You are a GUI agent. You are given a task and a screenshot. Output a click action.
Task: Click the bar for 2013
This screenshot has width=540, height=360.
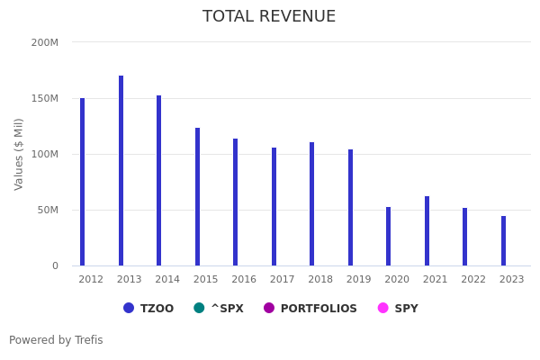click(x=121, y=171)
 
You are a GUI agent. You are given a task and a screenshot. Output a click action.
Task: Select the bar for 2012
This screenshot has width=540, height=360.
click(x=82, y=182)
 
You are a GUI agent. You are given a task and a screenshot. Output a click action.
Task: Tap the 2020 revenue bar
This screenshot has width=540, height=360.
click(x=388, y=237)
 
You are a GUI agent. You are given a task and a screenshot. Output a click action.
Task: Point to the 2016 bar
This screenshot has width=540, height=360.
click(x=235, y=202)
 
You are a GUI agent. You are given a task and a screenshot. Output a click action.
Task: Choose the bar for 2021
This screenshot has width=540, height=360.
click(x=427, y=231)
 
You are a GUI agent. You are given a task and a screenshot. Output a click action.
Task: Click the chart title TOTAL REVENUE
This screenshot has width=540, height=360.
click(x=269, y=17)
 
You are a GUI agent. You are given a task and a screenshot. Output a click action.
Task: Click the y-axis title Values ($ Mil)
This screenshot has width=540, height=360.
click(x=19, y=154)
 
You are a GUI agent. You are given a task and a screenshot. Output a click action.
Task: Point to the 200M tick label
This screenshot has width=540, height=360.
click(x=44, y=42)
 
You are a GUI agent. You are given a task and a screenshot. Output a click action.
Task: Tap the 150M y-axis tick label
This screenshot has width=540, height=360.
click(x=44, y=98)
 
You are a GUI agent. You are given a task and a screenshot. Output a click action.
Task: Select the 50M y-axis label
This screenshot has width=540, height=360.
click(x=47, y=210)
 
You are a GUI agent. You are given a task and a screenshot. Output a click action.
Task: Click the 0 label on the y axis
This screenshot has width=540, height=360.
click(x=54, y=265)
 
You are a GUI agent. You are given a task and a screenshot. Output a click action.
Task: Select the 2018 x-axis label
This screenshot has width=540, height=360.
click(x=320, y=280)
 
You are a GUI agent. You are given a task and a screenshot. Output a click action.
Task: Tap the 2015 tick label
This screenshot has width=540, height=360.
click(x=205, y=280)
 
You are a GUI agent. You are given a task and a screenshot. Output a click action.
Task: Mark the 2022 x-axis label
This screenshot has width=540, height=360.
click(x=473, y=280)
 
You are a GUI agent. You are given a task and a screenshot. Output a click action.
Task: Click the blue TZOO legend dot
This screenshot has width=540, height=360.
click(x=129, y=308)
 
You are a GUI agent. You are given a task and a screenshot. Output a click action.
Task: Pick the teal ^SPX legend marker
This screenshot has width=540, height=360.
click(x=199, y=308)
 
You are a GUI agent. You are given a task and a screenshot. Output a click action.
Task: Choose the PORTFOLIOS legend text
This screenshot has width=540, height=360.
click(x=319, y=309)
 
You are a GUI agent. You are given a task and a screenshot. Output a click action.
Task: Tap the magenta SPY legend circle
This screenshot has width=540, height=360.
click(x=382, y=308)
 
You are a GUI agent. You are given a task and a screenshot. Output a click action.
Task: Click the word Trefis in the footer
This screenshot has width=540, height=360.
click(x=88, y=340)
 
